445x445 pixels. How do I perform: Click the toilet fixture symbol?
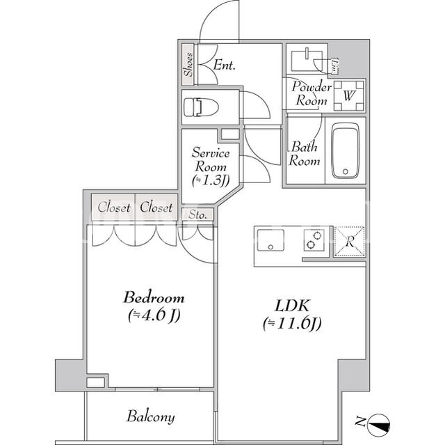pyautogui.click(x=201, y=107)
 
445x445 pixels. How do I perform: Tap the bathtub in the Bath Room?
pyautogui.click(x=345, y=150)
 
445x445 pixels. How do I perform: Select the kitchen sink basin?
pyautogui.click(x=270, y=240)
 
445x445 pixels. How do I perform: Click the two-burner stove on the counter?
pyautogui.click(x=314, y=240)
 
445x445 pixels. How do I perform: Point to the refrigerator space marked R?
pyautogui.click(x=350, y=242)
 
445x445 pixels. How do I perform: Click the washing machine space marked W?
pyautogui.click(x=349, y=96)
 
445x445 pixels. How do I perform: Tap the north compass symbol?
pyautogui.click(x=378, y=426)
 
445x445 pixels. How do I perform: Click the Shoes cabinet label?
pyautogui.click(x=188, y=65)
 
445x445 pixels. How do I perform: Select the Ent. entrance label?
pyautogui.click(x=224, y=65)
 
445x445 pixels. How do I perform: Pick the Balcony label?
pyautogui.click(x=150, y=417)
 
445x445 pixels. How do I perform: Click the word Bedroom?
pyautogui.click(x=154, y=298)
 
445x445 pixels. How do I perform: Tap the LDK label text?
pyautogui.click(x=292, y=306)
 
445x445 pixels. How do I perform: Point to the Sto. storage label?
pyautogui.click(x=197, y=214)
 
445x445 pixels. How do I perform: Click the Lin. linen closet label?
pyautogui.click(x=335, y=66)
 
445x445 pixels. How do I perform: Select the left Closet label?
pyautogui.click(x=114, y=207)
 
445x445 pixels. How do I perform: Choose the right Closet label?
pyautogui.click(x=156, y=207)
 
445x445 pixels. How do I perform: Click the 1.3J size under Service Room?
pyautogui.click(x=211, y=180)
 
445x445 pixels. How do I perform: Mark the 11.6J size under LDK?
pyautogui.click(x=292, y=324)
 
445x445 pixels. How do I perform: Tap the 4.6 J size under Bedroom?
pyautogui.click(x=154, y=315)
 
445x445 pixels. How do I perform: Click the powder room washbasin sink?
pyautogui.click(x=307, y=61)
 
